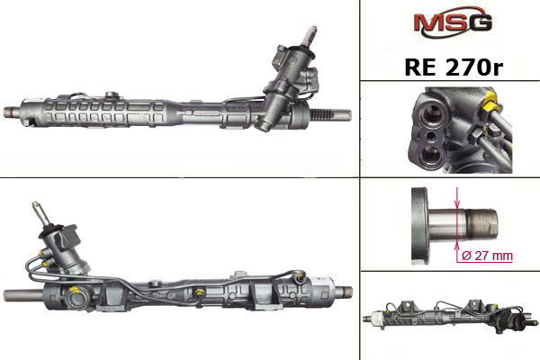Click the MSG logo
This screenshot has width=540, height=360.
click(453, 22)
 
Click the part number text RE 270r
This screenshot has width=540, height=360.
click(454, 67)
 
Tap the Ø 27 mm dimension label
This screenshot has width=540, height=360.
click(487, 256)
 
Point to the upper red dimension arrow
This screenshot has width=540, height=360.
click(457, 198)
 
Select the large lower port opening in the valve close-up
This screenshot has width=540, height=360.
click(430, 156)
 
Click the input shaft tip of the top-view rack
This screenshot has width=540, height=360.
click(312, 30)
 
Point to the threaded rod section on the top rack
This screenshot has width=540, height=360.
click(322, 114)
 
